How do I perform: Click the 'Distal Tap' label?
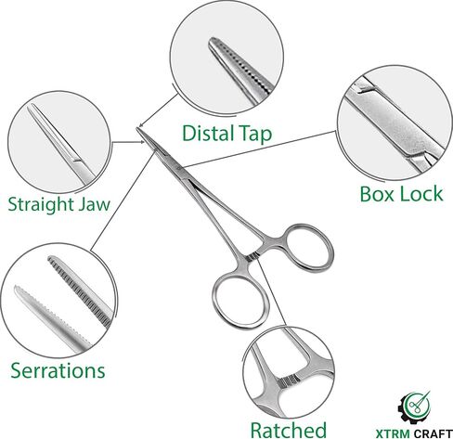(226, 134)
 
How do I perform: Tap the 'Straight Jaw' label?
(58, 204)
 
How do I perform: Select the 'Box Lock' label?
(401, 194)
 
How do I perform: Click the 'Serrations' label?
(58, 370)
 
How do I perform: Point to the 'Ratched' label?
(289, 430)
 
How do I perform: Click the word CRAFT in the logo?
(433, 433)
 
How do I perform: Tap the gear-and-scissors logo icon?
(414, 407)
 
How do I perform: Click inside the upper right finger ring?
(308, 247)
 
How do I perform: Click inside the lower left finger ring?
(240, 301)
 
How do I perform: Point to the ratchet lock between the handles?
(253, 256)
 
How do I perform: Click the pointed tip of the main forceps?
(137, 128)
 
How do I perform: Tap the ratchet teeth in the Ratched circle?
(289, 381)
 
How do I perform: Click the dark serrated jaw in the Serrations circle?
(80, 291)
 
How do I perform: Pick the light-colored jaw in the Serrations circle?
(53, 318)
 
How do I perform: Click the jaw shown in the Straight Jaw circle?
(60, 144)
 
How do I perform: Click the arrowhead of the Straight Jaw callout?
(143, 142)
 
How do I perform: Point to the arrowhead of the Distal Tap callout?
(140, 125)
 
